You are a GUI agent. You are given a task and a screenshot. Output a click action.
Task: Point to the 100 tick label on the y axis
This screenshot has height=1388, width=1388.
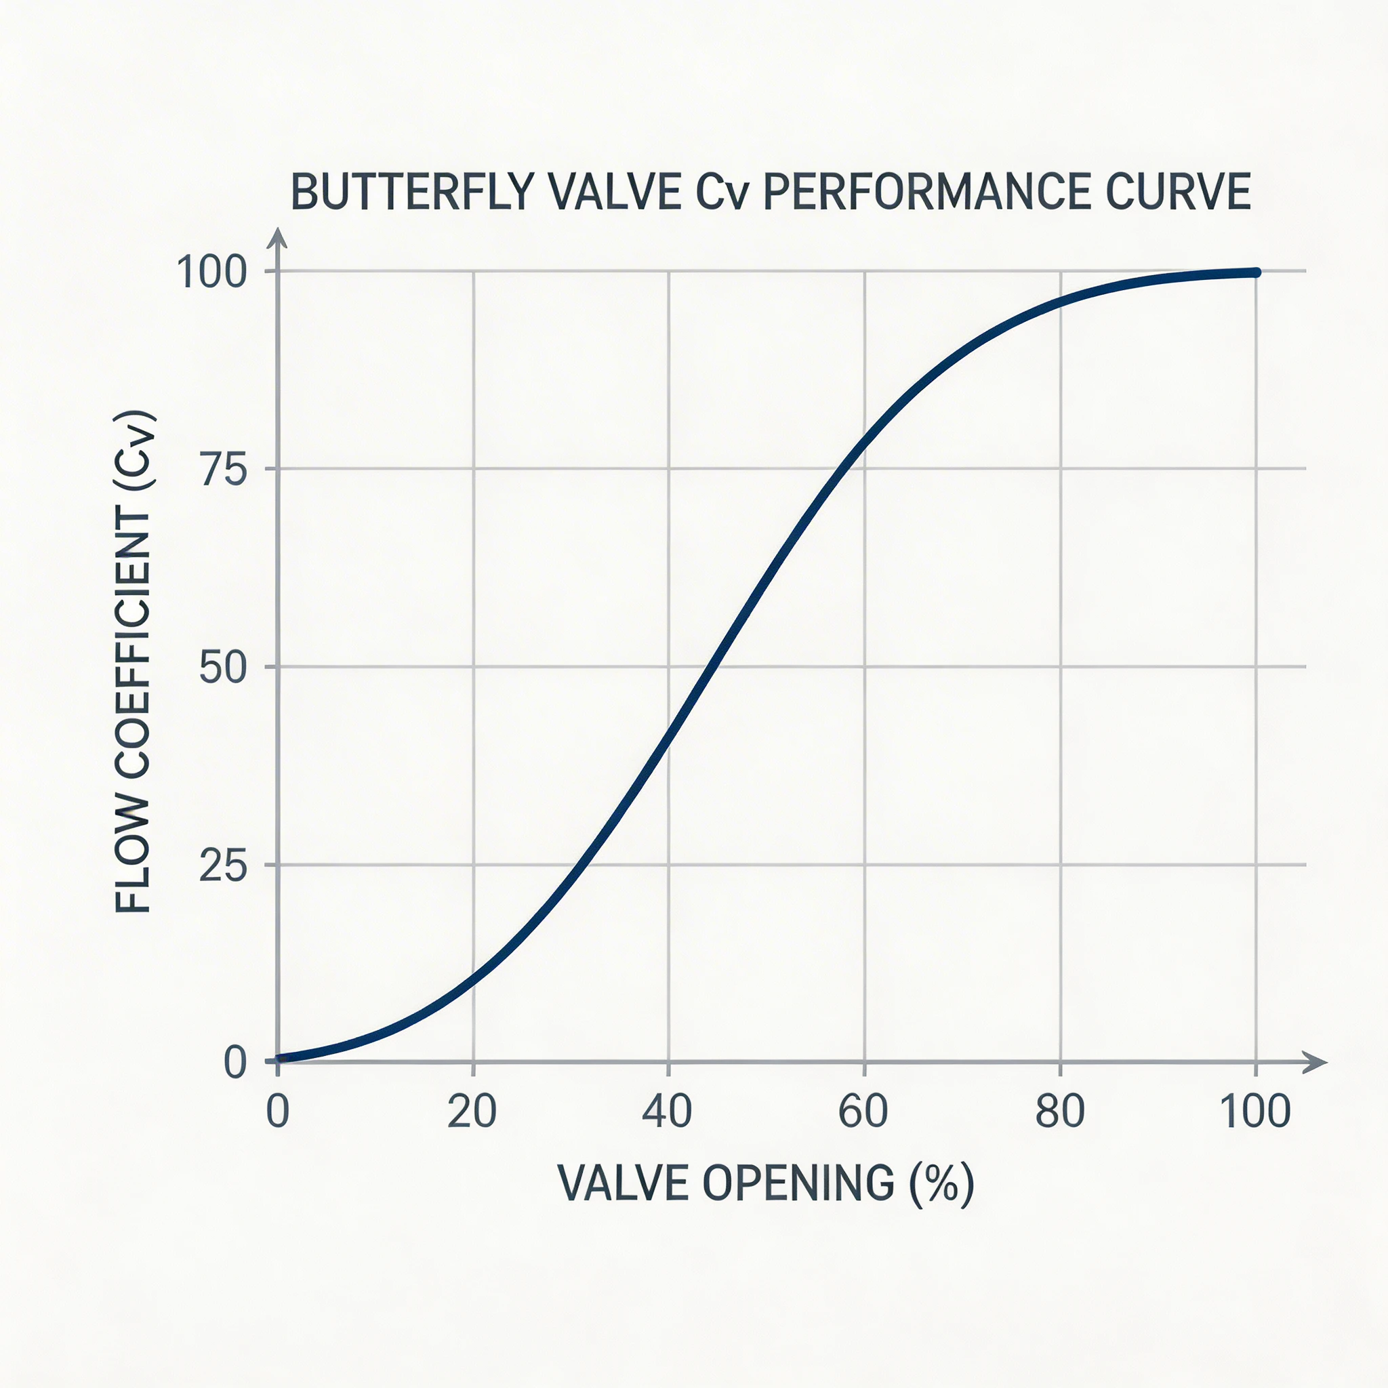tap(211, 272)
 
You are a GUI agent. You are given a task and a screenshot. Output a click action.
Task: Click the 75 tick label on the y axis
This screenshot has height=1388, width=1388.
tap(224, 470)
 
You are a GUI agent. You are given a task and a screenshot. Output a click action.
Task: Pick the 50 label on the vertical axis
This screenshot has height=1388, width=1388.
tap(223, 668)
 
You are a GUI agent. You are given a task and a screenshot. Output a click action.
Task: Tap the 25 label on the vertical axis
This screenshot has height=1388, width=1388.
tap(223, 867)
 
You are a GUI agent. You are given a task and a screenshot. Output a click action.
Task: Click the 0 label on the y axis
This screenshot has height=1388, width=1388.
tap(235, 1063)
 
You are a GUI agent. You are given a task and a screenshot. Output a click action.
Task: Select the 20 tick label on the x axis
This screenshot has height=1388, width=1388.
tap(471, 1111)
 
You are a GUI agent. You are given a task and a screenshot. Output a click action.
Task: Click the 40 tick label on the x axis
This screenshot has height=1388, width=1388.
tap(667, 1111)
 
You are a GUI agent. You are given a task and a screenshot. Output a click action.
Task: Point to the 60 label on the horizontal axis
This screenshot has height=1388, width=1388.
tap(863, 1111)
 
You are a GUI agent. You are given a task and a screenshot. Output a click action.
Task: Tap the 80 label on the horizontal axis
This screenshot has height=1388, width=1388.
tap(1060, 1111)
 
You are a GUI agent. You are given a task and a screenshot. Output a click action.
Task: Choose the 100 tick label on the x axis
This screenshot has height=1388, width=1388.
tap(1255, 1111)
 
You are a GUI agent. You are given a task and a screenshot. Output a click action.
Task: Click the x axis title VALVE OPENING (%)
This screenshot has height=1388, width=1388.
tap(766, 1183)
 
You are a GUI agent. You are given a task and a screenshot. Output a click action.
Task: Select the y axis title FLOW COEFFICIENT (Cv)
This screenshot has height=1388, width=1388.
tap(134, 661)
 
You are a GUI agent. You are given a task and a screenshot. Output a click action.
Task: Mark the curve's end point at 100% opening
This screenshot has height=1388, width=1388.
tap(1256, 272)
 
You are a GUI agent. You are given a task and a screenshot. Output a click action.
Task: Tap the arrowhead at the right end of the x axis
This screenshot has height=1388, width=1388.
tap(1316, 1062)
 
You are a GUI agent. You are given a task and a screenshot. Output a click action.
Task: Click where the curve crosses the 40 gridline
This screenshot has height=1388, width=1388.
tap(669, 739)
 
